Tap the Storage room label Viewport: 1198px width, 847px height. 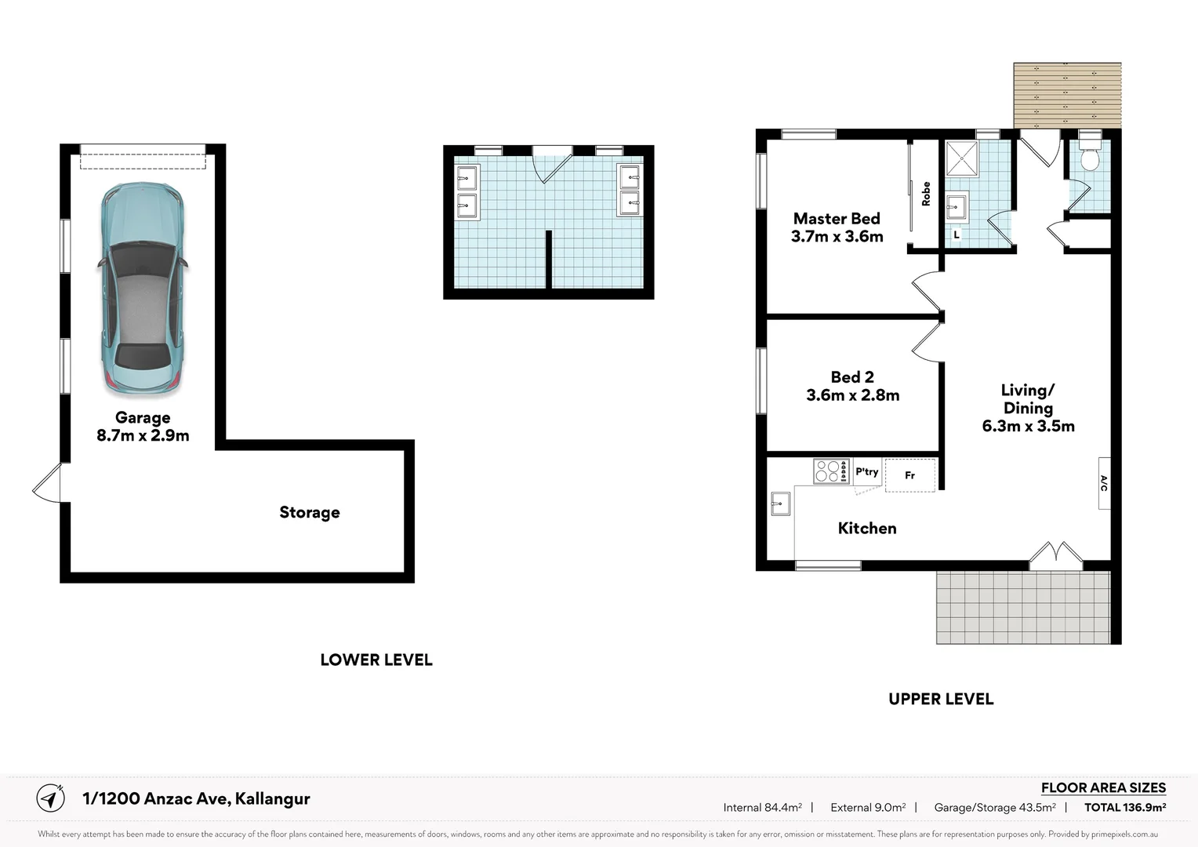click(310, 512)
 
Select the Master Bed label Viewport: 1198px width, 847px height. click(837, 219)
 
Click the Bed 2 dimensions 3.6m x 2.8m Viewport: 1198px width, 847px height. click(852, 395)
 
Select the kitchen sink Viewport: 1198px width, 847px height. click(780, 503)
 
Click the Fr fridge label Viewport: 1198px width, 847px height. click(909, 475)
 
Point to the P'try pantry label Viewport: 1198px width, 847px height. click(866, 471)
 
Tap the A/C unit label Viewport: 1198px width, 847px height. click(1104, 483)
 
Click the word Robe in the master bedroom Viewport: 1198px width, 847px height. click(926, 194)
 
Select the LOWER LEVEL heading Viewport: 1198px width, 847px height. click(376, 660)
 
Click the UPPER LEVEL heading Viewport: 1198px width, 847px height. click(941, 700)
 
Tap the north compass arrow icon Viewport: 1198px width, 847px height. click(51, 798)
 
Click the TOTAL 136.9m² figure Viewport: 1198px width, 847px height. click(1124, 807)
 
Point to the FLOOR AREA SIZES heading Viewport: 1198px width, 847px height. click(1103, 787)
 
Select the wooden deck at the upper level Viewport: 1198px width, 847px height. click(1067, 95)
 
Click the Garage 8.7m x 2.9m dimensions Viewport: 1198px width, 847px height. click(143, 436)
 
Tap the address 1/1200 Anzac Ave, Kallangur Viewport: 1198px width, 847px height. click(196, 798)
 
